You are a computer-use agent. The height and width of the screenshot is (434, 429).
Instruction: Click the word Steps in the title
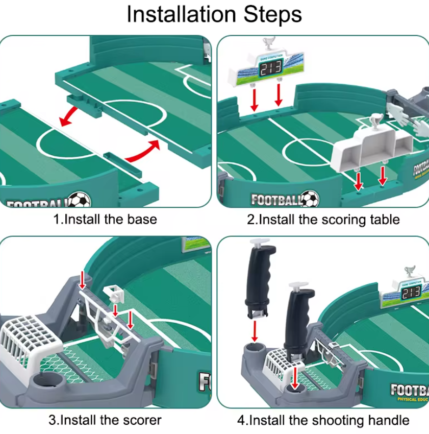[273, 15]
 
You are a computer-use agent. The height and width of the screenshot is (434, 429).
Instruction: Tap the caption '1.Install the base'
[105, 220]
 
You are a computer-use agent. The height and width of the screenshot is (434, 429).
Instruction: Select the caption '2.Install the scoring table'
[323, 220]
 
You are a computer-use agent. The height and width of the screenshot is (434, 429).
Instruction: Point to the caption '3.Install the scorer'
[105, 420]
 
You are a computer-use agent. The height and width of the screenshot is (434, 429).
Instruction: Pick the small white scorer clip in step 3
[114, 295]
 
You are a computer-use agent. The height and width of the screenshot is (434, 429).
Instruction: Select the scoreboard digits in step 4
[410, 293]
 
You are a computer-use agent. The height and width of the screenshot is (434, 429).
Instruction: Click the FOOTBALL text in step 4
[409, 390]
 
